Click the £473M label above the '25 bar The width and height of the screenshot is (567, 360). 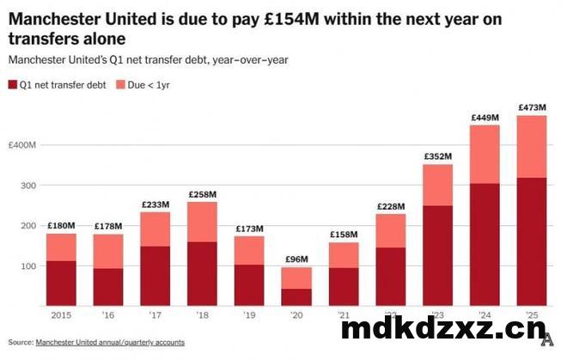pyautogui.click(x=532, y=107)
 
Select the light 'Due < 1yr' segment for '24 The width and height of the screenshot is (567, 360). pyautogui.click(x=485, y=154)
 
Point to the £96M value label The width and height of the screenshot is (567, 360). pyautogui.click(x=296, y=259)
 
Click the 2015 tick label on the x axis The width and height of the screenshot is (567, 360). pyautogui.click(x=61, y=315)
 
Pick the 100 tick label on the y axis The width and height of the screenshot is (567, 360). pyautogui.click(x=28, y=266)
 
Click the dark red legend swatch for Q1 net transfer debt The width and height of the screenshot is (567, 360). pyautogui.click(x=13, y=85)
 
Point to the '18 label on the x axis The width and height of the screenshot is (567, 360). pyautogui.click(x=203, y=315)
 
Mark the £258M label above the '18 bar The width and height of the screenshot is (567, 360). pyautogui.click(x=202, y=194)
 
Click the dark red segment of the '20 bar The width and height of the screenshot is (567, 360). pyautogui.click(x=296, y=296)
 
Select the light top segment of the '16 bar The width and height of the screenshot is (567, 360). pyautogui.click(x=108, y=251)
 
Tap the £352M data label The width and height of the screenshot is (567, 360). pyautogui.click(x=438, y=156)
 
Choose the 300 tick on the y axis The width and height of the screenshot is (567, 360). pyautogui.click(x=28, y=186)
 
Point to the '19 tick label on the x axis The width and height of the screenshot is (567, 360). pyautogui.click(x=250, y=315)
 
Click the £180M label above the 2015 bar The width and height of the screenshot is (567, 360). pyautogui.click(x=61, y=226)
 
